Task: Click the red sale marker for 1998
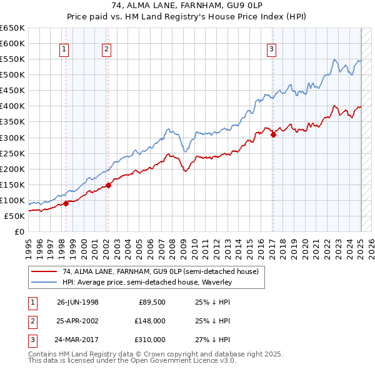pos(66,203)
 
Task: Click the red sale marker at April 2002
pos(108,185)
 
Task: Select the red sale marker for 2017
pos(273,134)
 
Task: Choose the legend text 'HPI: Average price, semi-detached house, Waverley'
pos(147,282)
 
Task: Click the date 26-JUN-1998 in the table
pos(77,302)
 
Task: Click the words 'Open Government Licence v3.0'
pos(184,361)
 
